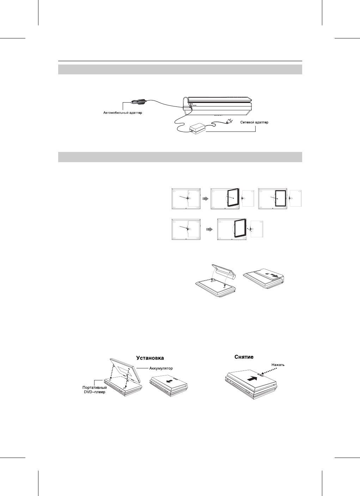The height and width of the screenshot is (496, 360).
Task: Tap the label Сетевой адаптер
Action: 254,123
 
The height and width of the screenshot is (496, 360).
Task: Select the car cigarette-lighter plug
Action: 138,102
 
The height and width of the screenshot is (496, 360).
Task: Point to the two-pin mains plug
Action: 228,122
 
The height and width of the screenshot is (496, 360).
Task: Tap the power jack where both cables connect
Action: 190,107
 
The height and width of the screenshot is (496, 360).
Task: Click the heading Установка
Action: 150,357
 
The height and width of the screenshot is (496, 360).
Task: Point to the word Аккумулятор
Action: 159,368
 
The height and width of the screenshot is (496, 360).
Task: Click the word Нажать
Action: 278,365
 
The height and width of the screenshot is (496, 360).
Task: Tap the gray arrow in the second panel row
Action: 209,229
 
